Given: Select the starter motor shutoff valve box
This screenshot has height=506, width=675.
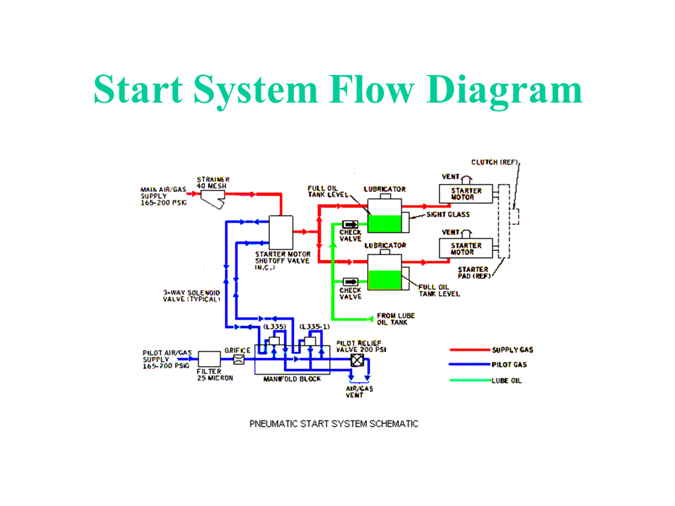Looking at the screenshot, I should pos(281,230).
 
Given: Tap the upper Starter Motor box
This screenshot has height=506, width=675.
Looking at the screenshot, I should pos(466,194).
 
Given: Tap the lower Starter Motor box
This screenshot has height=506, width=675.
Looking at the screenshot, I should pos(466,249).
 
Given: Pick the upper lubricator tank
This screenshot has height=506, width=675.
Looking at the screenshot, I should pos(384,214).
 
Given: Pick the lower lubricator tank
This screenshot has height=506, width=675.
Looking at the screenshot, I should pos(384,271).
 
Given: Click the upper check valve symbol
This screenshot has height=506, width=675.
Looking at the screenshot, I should pos(349,224).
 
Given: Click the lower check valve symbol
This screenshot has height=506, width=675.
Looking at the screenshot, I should pos(349,281).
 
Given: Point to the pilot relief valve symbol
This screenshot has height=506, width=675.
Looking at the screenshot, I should pos(357,359).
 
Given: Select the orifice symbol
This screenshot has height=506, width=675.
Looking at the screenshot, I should pos(238,359).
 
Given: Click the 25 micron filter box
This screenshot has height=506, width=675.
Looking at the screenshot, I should pos(209,359).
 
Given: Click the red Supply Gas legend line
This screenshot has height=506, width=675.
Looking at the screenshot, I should pos(469,349).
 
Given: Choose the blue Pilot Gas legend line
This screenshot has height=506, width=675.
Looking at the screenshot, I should pos(469,365).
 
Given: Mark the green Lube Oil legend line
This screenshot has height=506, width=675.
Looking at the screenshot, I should pos(469,381).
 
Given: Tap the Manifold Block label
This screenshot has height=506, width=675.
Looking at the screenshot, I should pos(292,379).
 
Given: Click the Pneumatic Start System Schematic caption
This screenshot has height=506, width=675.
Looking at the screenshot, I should pos(334,424).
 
